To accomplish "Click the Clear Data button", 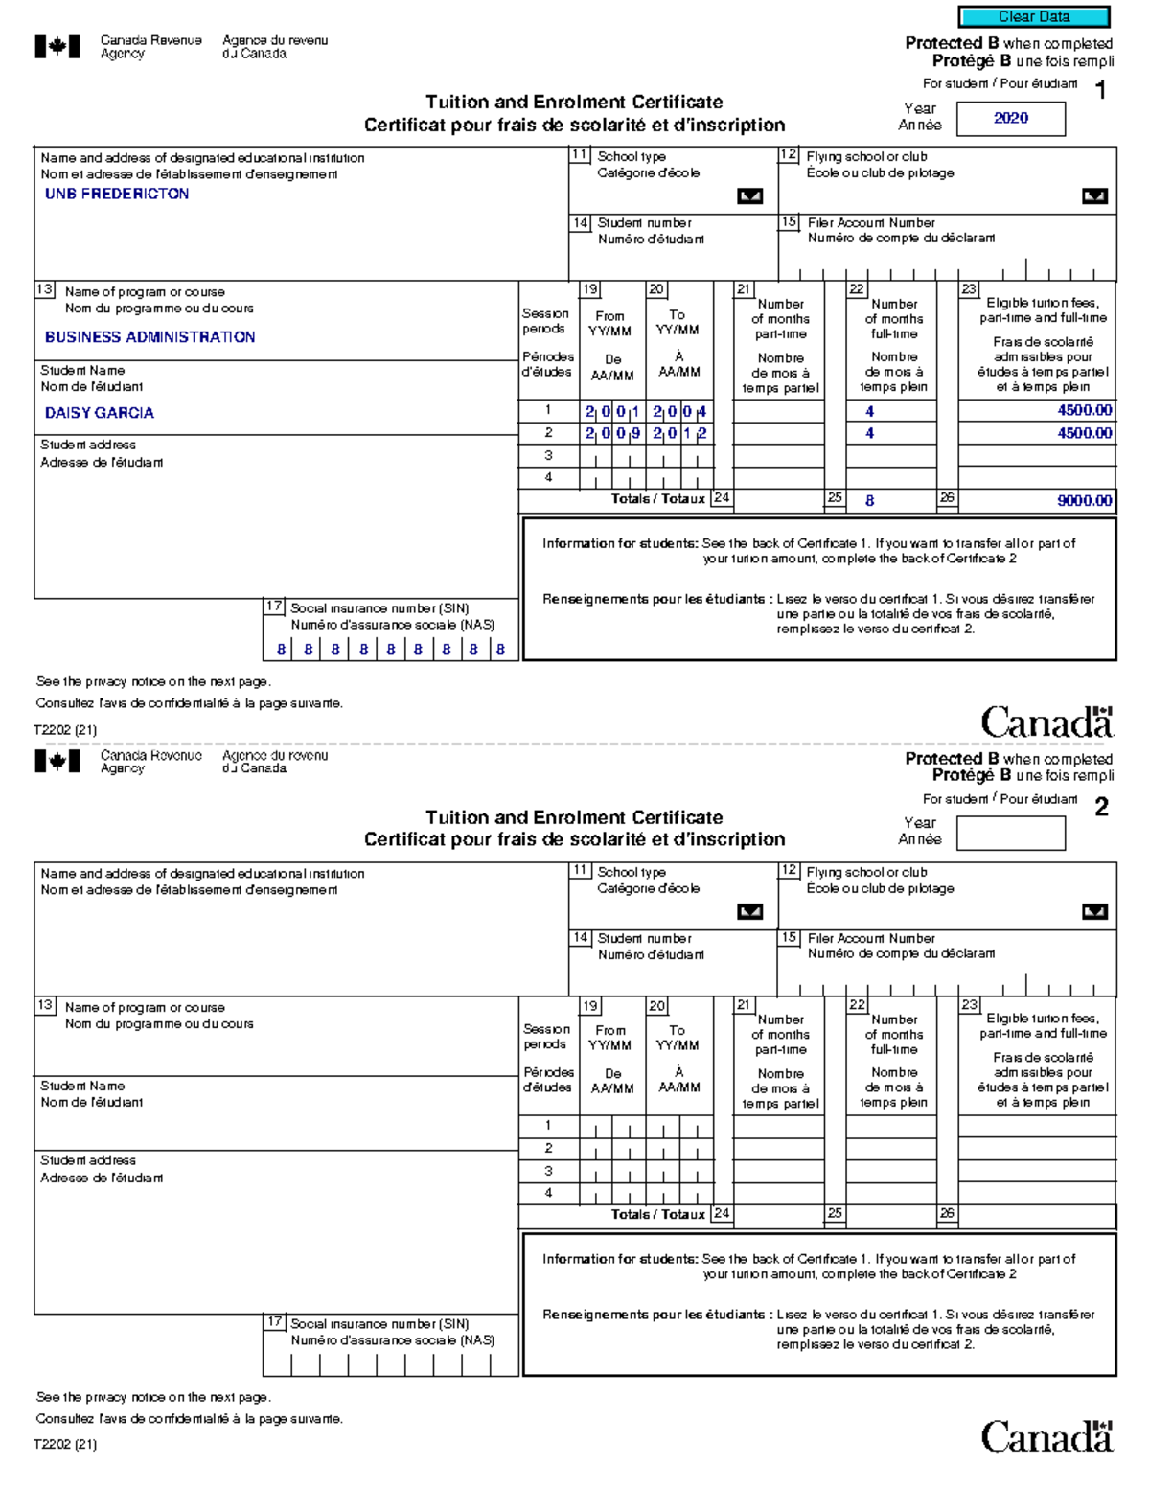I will (1034, 16).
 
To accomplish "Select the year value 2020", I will (1010, 118).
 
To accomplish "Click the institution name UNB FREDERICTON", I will (117, 194).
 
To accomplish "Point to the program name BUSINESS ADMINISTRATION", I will (149, 337).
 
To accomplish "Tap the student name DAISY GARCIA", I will (99, 413).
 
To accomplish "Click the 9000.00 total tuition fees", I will (1084, 500).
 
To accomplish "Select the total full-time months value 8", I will (869, 500).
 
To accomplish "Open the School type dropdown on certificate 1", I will (749, 195).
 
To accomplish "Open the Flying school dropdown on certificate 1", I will (1093, 195).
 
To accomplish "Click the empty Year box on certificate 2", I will (1010, 833).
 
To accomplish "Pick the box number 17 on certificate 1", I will (274, 607).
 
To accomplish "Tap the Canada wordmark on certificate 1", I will (1046, 722).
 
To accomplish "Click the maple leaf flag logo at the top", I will (57, 46).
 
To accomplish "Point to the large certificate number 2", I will (1101, 807).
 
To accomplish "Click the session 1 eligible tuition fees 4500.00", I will (1084, 410).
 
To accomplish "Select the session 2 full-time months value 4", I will (869, 433).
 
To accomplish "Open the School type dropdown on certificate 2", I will (749, 911).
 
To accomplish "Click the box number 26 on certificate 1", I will (947, 497).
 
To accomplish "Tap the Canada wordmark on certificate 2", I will (1046, 1437).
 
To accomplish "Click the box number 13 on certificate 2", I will (45, 1005).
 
